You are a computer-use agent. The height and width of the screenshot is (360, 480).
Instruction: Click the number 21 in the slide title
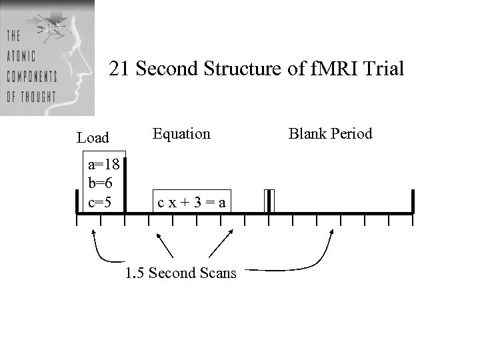(x=119, y=69)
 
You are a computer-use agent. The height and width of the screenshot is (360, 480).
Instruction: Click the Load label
(x=93, y=138)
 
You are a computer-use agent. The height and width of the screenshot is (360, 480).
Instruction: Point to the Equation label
(x=181, y=134)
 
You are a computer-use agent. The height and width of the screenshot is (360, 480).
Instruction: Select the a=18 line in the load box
(x=103, y=167)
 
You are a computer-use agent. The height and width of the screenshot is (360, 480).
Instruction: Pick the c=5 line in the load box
(x=100, y=202)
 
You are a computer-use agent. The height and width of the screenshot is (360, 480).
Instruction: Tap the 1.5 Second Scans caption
(x=181, y=273)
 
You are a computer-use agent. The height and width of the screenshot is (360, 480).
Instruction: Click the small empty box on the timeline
(x=269, y=201)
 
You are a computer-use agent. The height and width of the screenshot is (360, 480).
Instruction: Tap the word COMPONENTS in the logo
(x=31, y=75)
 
